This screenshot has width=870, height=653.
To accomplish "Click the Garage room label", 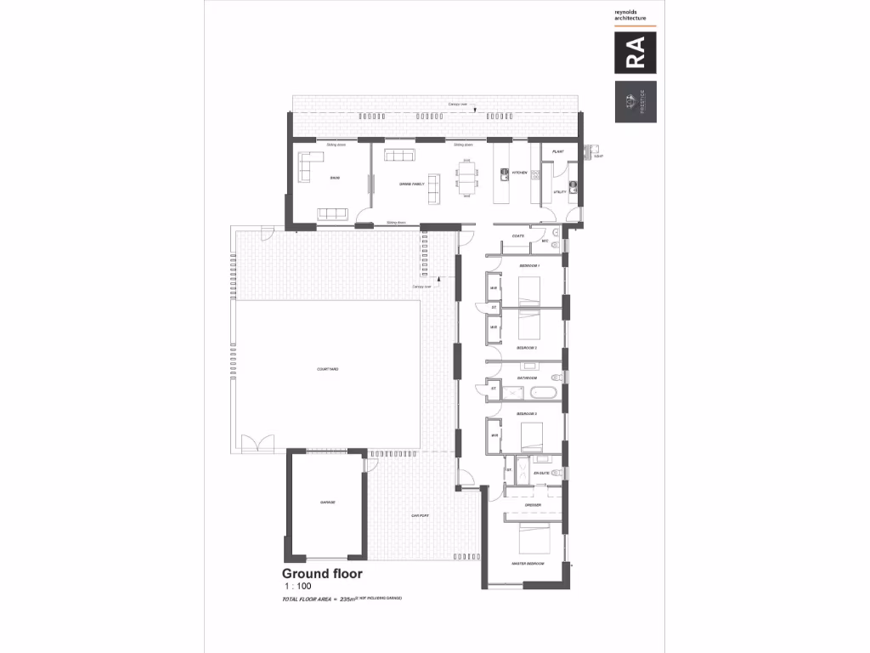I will pos(327,503).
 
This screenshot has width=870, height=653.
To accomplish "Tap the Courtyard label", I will pos(328,370).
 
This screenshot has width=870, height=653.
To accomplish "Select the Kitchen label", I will pos(520,173).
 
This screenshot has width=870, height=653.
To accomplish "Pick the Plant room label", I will pos(558,151).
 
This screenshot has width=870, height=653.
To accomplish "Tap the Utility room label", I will pos(560,192).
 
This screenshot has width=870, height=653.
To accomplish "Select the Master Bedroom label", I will pos(528,564).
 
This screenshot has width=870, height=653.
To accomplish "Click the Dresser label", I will pos(534,505).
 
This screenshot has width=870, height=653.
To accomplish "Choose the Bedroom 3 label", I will pos(528,413).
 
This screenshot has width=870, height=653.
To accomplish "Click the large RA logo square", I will pos(636,54).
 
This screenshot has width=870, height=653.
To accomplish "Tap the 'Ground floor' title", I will pos(322,575).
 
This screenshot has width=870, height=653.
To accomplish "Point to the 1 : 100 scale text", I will pos(297,588).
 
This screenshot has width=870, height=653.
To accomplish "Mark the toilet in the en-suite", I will pos(556,472).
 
